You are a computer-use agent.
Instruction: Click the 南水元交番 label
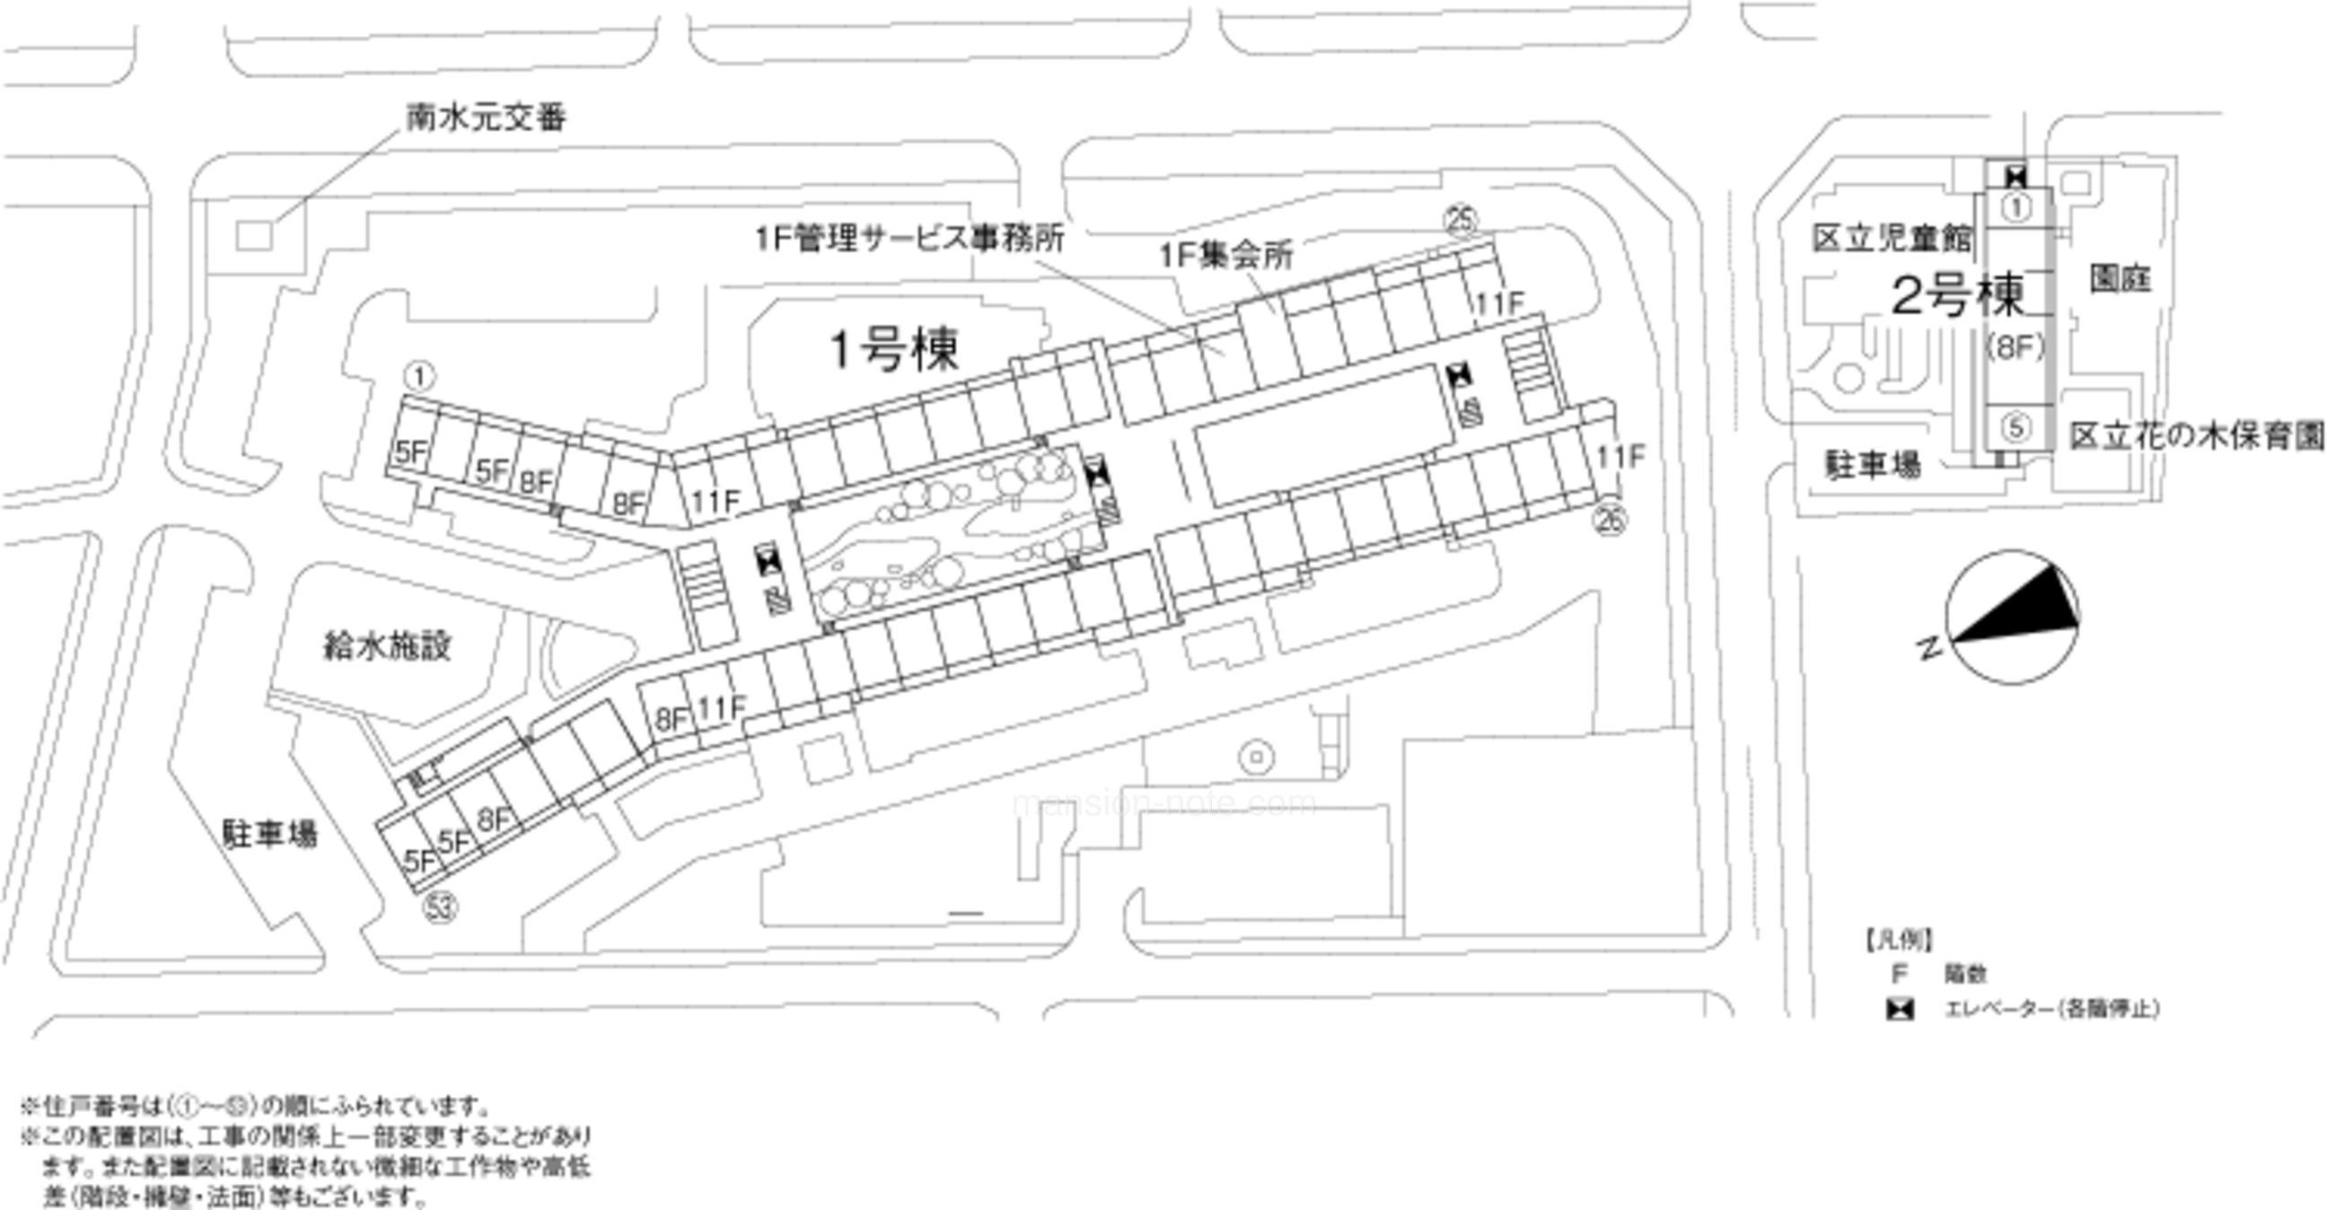(486, 118)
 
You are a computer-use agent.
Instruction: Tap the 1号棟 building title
(893, 349)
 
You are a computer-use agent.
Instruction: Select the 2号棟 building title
(1957, 295)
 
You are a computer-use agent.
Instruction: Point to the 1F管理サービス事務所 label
(909, 238)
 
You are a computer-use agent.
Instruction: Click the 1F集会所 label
(1225, 256)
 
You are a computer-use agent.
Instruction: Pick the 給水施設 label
(387, 645)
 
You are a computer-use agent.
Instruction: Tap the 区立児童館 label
(1892, 239)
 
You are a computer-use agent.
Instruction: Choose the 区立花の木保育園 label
(2196, 436)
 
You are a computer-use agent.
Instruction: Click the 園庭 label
(2120, 279)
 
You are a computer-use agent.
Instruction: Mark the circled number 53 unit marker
(441, 907)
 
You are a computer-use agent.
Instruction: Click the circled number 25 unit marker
(1461, 219)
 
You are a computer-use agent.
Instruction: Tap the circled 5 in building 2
(2016, 425)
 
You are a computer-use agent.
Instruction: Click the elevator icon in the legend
(1900, 1009)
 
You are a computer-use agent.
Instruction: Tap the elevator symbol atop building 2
(2015, 176)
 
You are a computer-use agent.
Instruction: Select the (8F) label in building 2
(2015, 347)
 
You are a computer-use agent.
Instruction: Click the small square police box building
(254, 237)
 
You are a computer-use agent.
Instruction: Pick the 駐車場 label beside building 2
(1873, 465)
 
